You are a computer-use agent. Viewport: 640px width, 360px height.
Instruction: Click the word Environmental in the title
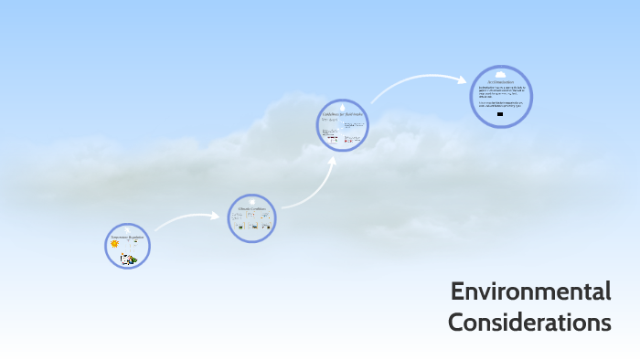(x=530, y=292)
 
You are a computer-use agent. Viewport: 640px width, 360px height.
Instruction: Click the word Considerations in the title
(x=529, y=323)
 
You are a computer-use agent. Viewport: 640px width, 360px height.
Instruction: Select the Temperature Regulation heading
(x=127, y=237)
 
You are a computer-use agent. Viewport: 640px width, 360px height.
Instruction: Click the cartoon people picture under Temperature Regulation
(x=129, y=259)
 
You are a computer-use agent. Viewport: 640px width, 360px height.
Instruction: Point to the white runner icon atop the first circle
(x=127, y=229)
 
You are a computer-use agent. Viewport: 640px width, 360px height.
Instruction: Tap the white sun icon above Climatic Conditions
(x=251, y=201)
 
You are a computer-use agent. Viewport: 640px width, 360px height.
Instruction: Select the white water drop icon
(x=342, y=106)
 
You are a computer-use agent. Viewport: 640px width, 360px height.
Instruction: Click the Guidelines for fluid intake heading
(x=342, y=114)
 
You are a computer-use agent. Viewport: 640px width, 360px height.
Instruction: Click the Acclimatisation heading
(x=500, y=82)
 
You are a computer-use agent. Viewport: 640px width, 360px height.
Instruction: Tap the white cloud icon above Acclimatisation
(x=500, y=74)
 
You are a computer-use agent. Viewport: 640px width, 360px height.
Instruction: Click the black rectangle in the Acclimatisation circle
(x=499, y=115)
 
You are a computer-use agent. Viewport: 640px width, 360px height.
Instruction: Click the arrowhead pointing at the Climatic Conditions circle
(x=217, y=217)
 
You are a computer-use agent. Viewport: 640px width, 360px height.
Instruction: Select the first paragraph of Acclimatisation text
(x=500, y=92)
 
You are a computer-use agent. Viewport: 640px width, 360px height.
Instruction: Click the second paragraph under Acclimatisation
(x=500, y=105)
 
